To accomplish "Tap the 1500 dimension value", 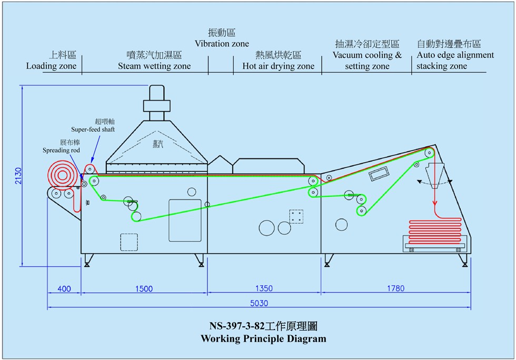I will pos(144,288).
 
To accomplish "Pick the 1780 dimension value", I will pos(395,288).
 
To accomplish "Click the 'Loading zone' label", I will pos(51,66).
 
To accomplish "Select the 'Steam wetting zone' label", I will pos(154,66).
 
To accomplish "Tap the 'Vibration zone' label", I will pos(222,43).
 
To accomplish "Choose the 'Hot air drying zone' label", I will pos(278,66).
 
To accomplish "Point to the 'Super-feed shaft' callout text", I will pos(93,129).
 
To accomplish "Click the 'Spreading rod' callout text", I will pos(62,150).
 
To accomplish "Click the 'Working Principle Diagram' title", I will pos(263,338).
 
